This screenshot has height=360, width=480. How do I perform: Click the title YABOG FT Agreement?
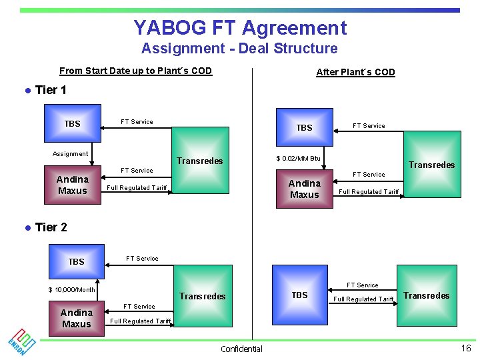(240, 28)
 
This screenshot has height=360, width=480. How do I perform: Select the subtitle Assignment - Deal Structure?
(239, 49)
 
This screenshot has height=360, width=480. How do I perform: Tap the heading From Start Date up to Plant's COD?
(135, 71)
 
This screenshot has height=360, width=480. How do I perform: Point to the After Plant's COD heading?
(355, 72)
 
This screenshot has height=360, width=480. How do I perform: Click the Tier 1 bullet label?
(51, 91)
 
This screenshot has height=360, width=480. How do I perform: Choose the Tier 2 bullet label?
(51, 227)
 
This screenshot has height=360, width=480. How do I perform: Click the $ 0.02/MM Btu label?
(298, 159)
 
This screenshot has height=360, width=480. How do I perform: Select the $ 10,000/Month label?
(71, 289)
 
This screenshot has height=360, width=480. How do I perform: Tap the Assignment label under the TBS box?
(70, 154)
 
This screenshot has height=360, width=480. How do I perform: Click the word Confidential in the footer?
(241, 349)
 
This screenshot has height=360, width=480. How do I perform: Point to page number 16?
(465, 348)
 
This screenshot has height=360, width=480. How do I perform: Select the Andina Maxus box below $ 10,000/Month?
(77, 318)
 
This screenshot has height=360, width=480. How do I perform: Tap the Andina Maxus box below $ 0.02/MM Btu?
(304, 189)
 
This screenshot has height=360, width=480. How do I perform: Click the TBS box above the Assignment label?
(73, 123)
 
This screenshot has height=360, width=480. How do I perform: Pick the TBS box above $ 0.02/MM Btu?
(304, 127)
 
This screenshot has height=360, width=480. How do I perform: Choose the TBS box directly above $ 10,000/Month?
(77, 261)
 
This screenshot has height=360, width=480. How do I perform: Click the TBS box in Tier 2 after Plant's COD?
(299, 295)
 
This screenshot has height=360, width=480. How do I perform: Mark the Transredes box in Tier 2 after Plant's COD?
(426, 295)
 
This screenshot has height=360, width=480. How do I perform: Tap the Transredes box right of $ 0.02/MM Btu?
(431, 164)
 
